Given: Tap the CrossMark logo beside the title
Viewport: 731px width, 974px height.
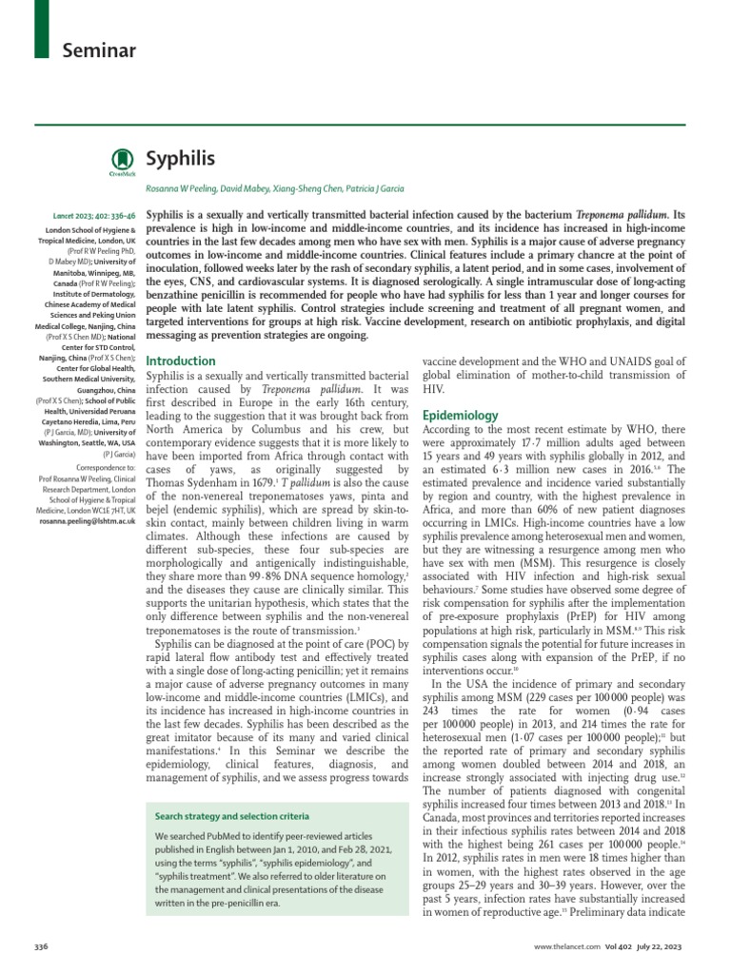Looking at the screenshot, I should pyautogui.click(x=121, y=162).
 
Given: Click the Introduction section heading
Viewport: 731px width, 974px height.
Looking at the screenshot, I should pyautogui.click(x=181, y=361).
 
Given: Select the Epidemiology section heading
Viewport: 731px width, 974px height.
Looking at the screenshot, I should pyautogui.click(x=460, y=416).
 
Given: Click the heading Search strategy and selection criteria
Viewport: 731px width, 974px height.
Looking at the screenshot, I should pyautogui.click(x=233, y=817).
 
